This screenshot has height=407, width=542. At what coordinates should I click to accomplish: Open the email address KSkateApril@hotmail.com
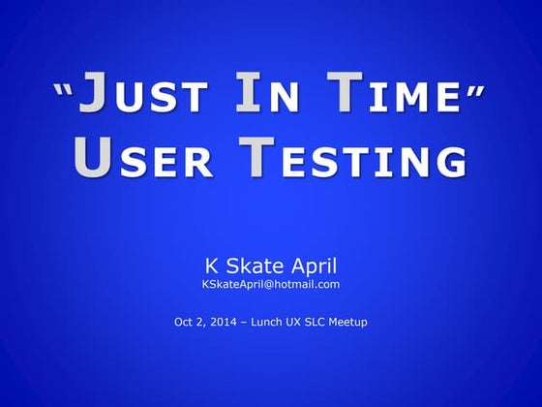tap(271, 284)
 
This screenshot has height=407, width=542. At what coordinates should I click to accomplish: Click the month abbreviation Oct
tap(184, 322)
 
